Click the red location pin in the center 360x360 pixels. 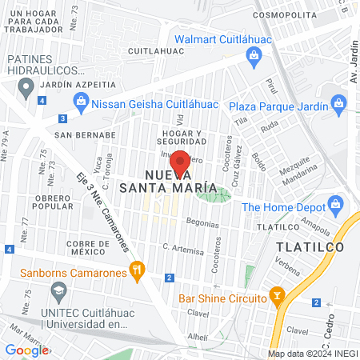pos(182,164)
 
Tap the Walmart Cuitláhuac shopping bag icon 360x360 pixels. pos(254,55)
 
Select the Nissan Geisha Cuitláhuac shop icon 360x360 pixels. pos(80,101)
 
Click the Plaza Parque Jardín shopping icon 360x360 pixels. pos(339,103)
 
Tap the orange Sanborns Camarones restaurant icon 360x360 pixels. pos(138,272)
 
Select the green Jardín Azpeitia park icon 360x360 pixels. pos(26,82)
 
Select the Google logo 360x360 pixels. pos(26,350)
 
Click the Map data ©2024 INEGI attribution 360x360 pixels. pos(312,354)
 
